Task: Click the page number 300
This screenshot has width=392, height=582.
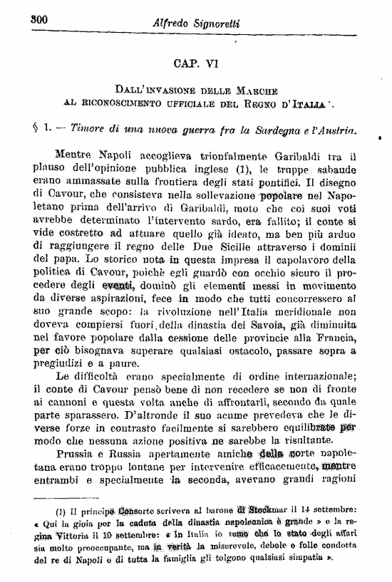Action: point(37,20)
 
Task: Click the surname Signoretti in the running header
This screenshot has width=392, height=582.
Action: point(212,24)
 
